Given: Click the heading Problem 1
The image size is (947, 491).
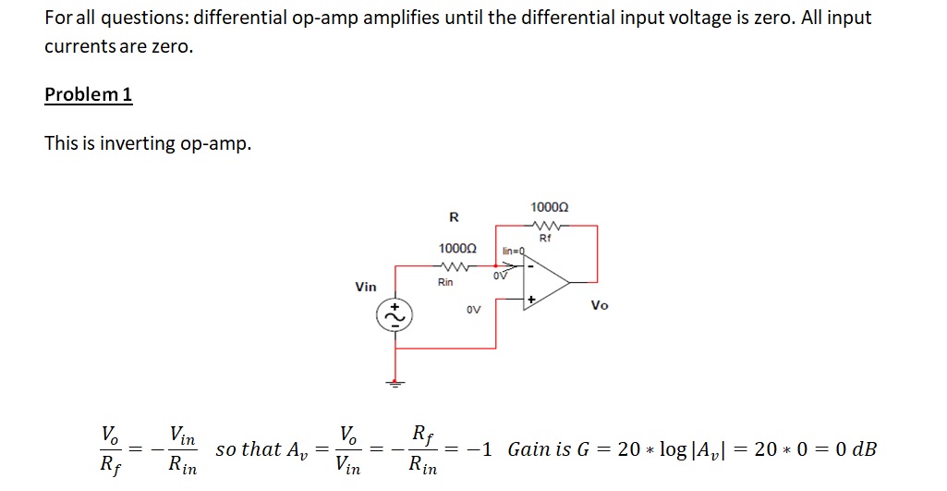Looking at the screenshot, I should pyautogui.click(x=89, y=95).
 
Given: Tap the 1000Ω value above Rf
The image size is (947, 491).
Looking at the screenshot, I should pyautogui.click(x=550, y=206).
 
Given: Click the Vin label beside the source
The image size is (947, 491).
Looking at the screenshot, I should pyautogui.click(x=366, y=287).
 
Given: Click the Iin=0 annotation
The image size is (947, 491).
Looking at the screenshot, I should pyautogui.click(x=514, y=251).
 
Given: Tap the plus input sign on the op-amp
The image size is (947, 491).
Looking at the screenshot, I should pyautogui.click(x=531, y=301).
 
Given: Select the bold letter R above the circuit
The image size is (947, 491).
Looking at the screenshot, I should pyautogui.click(x=453, y=218).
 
